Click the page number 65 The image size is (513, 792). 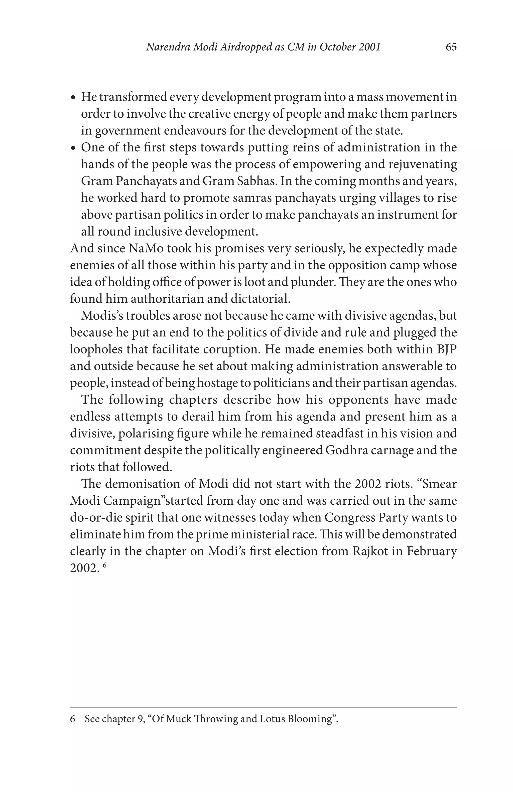click(451, 47)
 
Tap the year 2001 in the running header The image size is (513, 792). click(369, 47)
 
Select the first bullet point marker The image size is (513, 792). click(74, 98)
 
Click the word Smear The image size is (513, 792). click(439, 484)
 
